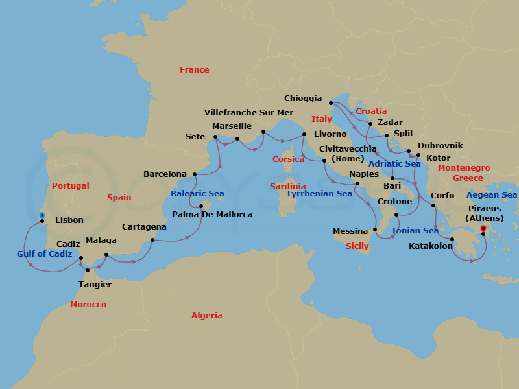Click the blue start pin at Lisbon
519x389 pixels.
[42, 215]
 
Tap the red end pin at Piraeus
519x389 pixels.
[483, 228]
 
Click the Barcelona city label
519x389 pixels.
[165, 174]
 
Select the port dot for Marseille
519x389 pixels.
[237, 139]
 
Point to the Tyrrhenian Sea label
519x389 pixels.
[319, 194]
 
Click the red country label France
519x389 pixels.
[195, 70]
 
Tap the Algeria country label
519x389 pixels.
[206, 316]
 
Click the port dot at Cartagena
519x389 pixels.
[152, 240]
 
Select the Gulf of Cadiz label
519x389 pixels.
[45, 254]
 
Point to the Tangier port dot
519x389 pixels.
[88, 270]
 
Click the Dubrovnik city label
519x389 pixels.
[440, 146]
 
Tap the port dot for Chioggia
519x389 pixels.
[330, 102]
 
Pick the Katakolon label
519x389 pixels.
[431, 246]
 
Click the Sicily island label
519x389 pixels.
[357, 246]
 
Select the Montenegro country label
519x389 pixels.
[464, 168]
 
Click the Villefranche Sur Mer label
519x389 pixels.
[248, 112]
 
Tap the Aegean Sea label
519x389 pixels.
[492, 195]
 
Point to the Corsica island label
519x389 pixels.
[288, 159]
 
